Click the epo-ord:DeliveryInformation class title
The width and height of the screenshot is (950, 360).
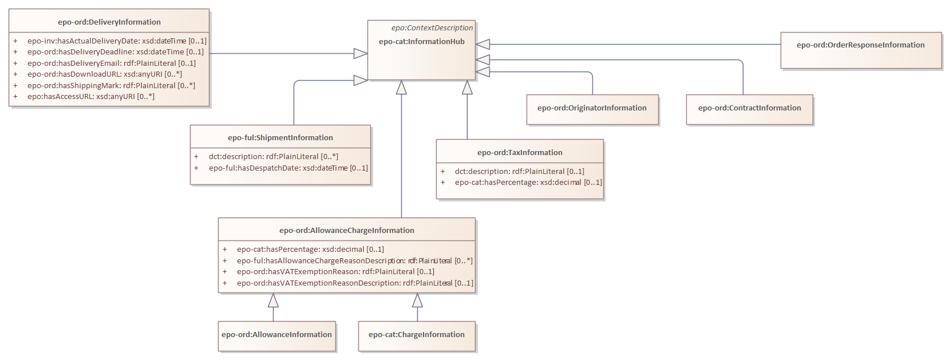point(109,22)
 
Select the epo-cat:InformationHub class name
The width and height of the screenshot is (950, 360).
point(422,41)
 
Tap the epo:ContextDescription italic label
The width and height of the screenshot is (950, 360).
point(432,27)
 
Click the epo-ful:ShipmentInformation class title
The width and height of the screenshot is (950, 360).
point(280,137)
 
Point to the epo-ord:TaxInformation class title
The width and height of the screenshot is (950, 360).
point(520,152)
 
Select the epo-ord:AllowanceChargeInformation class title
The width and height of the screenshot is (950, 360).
point(347,230)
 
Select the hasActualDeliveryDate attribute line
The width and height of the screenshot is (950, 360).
point(117,41)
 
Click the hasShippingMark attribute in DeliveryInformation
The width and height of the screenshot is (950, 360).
point(111,85)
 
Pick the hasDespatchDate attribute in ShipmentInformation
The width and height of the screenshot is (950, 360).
point(288,168)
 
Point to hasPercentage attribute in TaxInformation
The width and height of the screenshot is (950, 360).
point(528,182)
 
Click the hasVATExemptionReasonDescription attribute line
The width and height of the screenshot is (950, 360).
point(355,283)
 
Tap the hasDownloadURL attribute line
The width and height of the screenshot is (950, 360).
point(105,74)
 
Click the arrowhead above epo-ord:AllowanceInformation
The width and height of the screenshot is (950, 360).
point(274,300)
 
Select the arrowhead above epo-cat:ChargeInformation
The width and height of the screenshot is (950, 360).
point(418,300)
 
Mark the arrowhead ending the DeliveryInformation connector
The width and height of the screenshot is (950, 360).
point(361,53)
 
